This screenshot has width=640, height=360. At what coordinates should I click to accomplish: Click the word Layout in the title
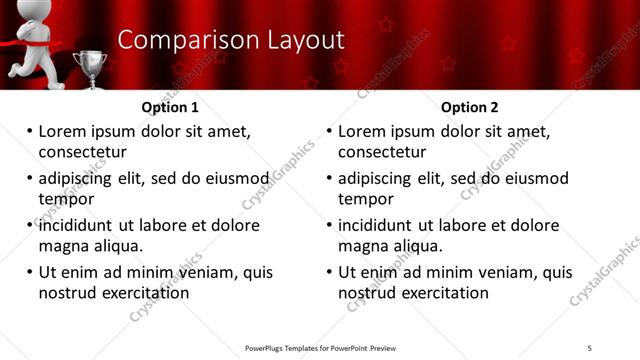click(302, 40)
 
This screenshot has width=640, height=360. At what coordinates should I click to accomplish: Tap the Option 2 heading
click(468, 107)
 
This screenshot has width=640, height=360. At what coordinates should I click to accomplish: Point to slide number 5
click(589, 347)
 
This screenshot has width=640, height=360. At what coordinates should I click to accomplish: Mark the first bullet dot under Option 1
click(29, 131)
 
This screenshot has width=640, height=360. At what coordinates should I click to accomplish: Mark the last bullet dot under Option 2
click(329, 272)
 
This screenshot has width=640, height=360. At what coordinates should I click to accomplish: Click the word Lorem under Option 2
click(362, 131)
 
